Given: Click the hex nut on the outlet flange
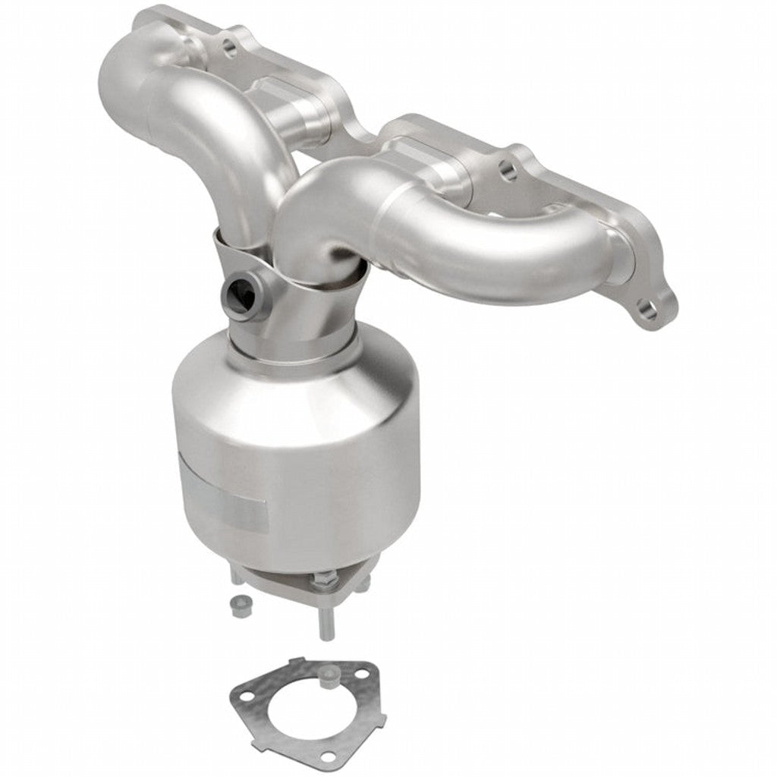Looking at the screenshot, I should (x=321, y=583).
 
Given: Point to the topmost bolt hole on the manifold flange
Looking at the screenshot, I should (x=227, y=47).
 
